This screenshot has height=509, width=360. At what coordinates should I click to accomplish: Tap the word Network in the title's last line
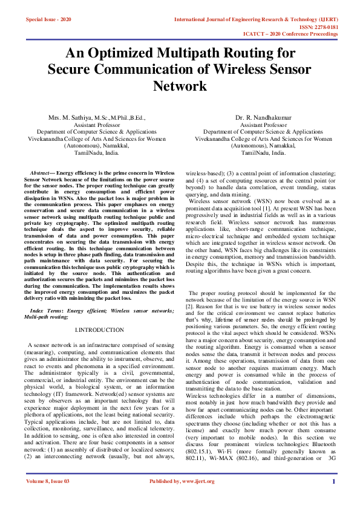180,86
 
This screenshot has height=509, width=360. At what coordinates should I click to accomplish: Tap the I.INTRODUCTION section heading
99,330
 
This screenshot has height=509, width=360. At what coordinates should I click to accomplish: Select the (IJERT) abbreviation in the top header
327,20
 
